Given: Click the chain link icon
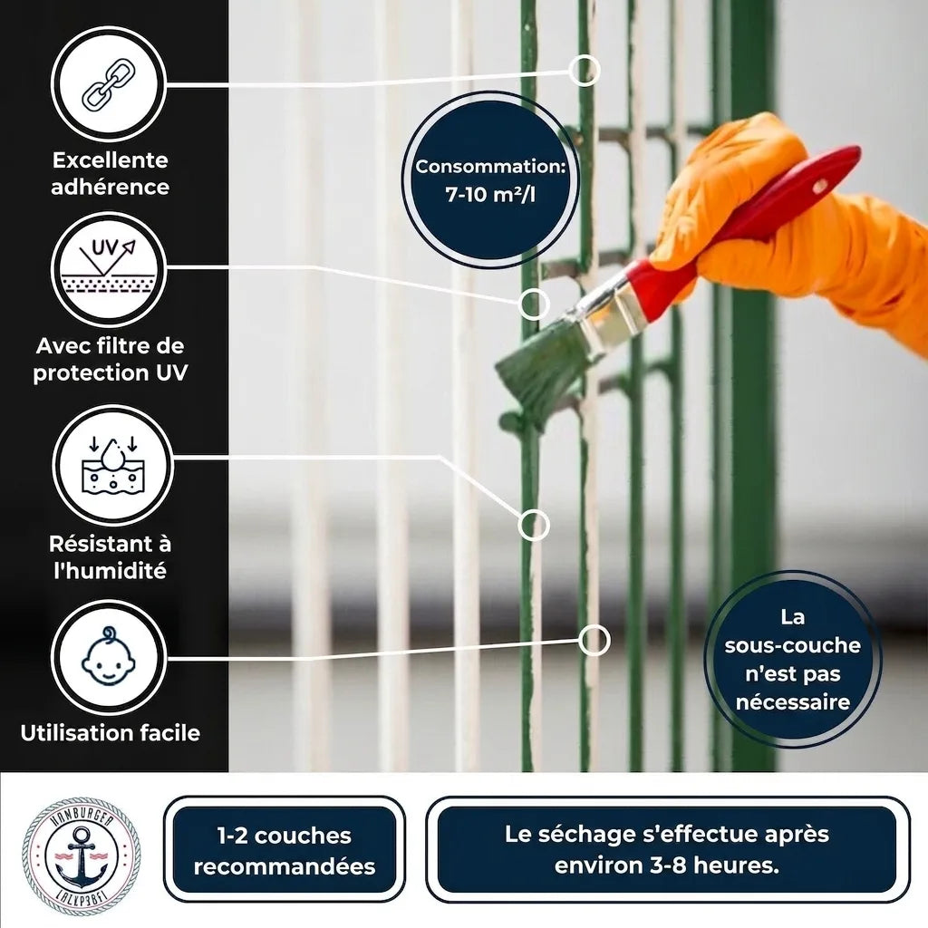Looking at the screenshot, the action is (x=109, y=84).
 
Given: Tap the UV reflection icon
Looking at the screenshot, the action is (x=109, y=267).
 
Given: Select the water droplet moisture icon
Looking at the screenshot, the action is (x=112, y=465).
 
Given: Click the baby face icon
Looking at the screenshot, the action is (x=109, y=656).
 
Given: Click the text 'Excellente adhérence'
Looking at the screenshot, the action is (x=110, y=173).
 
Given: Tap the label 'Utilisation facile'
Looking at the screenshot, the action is (x=110, y=732).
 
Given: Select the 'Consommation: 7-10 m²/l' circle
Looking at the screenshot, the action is (x=490, y=180).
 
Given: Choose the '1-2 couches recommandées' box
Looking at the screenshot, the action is (x=284, y=850).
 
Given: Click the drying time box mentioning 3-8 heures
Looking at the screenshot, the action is (x=667, y=850).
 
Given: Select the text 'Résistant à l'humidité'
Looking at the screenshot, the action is (x=110, y=557).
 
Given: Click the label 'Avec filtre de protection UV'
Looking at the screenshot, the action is (x=110, y=359).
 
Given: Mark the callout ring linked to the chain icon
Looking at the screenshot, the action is (x=585, y=71).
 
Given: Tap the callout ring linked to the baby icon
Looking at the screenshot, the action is (x=594, y=640).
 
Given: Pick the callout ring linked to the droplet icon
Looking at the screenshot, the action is (x=533, y=525).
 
